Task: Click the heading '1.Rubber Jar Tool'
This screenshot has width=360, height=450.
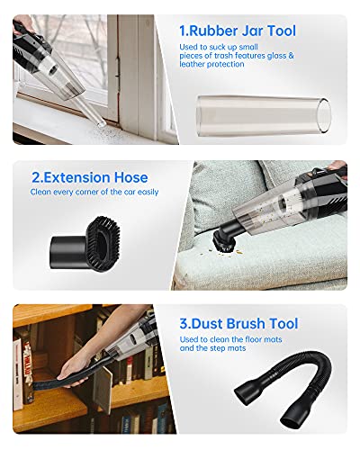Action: [238, 31]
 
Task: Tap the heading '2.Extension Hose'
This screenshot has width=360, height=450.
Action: [90, 177]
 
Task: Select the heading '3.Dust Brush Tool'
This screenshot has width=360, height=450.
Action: [238, 324]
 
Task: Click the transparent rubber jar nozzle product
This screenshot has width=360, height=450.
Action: [264, 116]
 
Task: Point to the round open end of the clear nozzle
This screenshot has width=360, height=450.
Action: [324, 116]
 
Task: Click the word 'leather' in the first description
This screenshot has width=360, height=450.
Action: [192, 64]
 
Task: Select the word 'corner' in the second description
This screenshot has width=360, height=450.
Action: [87, 192]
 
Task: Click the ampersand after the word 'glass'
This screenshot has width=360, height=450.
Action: [291, 56]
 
